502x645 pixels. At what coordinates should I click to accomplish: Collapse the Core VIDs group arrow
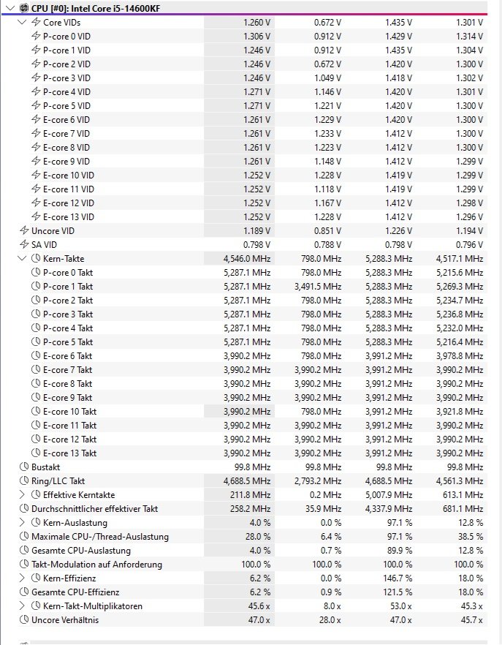pyautogui.click(x=21, y=23)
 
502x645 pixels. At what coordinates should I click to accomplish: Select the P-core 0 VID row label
pyautogui.click(x=66, y=37)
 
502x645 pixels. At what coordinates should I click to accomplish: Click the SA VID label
pyautogui.click(x=44, y=245)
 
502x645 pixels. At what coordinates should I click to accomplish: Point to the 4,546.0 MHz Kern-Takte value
pyautogui.click(x=247, y=259)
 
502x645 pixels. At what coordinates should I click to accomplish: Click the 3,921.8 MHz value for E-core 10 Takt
pyautogui.click(x=459, y=411)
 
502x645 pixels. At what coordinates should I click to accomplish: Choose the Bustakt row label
pyautogui.click(x=45, y=467)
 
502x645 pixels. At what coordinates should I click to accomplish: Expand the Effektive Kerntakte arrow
pyautogui.click(x=21, y=495)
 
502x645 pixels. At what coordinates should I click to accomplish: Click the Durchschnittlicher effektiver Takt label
pyautogui.click(x=94, y=508)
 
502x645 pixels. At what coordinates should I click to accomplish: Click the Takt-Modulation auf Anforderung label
pyautogui.click(x=96, y=564)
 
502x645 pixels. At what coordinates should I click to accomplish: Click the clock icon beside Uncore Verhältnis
pyautogui.click(x=25, y=620)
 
